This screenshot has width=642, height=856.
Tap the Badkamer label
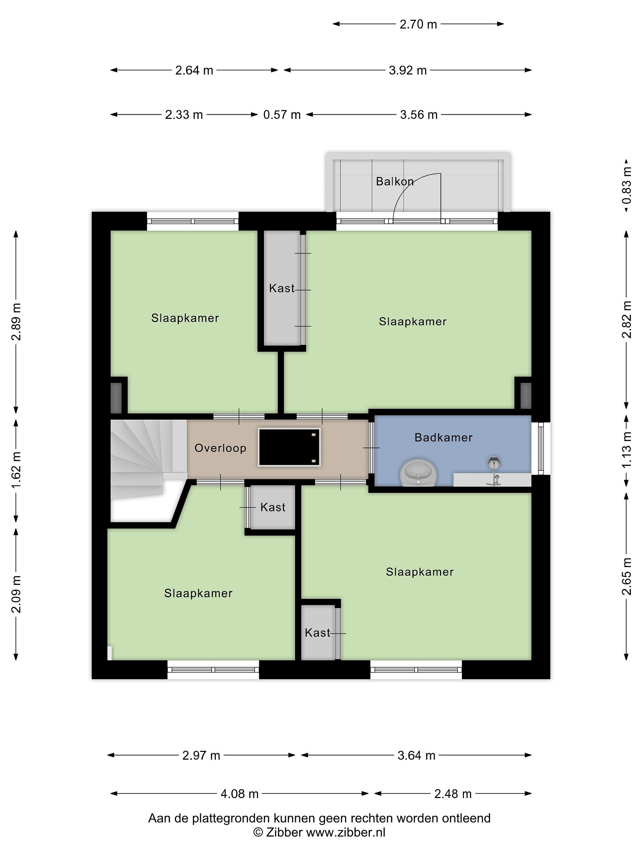click(443, 438)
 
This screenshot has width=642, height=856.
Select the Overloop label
click(220, 448)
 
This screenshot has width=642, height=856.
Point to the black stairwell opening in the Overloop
click(289, 447)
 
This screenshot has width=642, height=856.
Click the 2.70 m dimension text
click(418, 24)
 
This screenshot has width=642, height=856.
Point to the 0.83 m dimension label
click(627, 185)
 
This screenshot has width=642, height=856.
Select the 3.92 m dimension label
click(407, 70)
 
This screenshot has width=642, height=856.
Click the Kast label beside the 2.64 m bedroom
click(282, 288)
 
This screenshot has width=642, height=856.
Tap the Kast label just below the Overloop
click(273, 507)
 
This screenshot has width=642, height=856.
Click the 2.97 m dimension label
click(201, 755)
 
